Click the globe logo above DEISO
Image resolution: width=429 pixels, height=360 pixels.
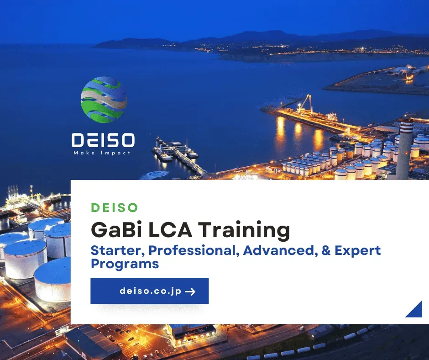coord(104,100)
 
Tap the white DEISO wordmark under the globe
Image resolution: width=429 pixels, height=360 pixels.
coord(103,140)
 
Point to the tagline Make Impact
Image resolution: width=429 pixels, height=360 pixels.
coord(102,153)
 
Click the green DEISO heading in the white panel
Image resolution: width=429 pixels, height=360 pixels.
coord(115,207)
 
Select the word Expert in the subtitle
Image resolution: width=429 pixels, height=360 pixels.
coord(358,251)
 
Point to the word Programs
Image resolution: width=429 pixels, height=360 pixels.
coord(125,264)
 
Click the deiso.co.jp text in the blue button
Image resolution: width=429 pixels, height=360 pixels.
coord(151,291)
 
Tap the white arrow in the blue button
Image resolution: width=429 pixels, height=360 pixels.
coord(190,291)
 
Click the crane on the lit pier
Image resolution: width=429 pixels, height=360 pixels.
coord(304,103)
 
